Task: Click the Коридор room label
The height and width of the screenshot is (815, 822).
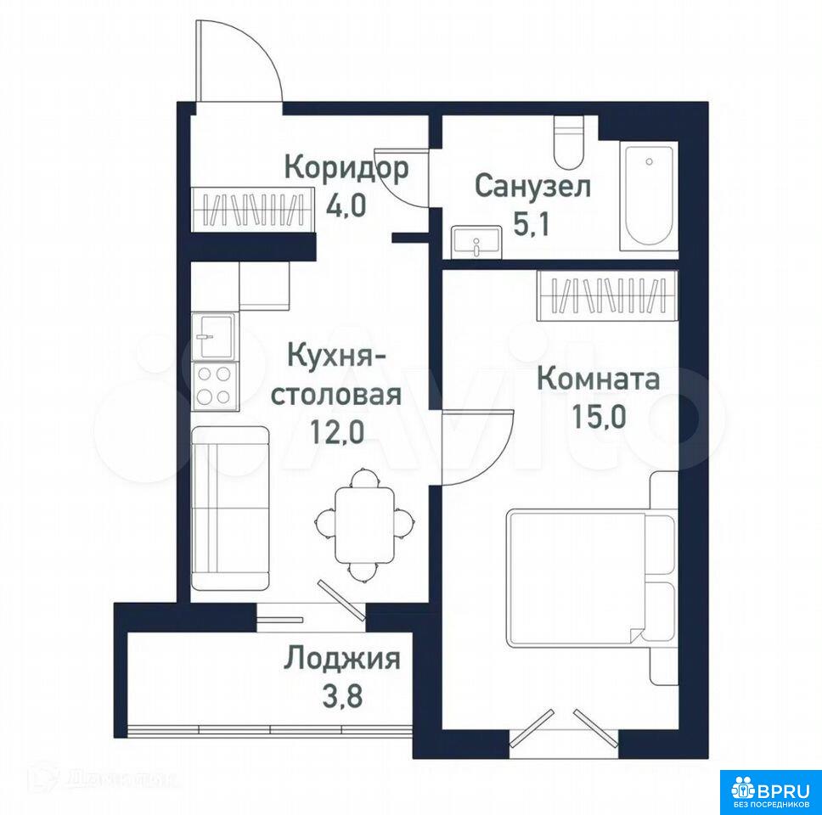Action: click(x=346, y=168)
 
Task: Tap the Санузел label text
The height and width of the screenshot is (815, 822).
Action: click(x=532, y=187)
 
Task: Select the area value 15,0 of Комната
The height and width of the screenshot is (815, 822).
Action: click(x=599, y=417)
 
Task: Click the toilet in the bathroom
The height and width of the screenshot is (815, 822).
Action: click(x=569, y=142)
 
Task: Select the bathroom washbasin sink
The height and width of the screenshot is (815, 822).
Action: click(x=476, y=241)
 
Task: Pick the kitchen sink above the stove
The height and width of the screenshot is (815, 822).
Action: click(x=215, y=336)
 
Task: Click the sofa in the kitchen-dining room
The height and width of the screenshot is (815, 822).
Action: click(x=230, y=508)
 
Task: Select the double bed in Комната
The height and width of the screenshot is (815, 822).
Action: click(x=591, y=577)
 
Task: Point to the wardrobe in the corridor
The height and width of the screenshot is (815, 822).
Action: click(x=253, y=209)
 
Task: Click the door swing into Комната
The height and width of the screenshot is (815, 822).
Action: click(x=495, y=455)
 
